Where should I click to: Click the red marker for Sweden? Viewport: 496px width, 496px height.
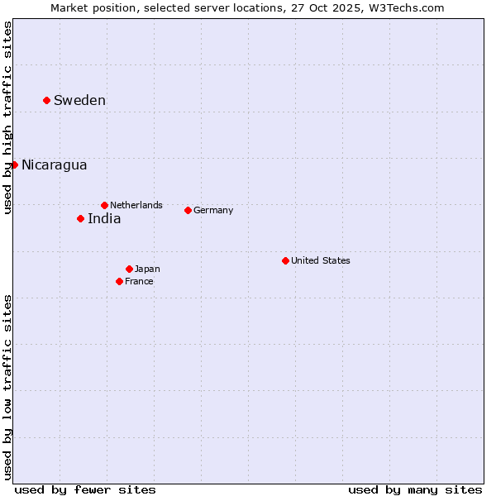coord(46,100)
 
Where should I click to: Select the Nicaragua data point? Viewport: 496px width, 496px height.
coord(14,165)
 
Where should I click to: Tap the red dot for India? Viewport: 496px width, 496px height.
coord(80,218)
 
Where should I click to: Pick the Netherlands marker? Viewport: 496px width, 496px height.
coord(104,205)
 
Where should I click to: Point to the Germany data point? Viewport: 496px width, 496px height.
coord(188,210)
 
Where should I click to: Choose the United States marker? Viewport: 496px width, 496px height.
coord(285,260)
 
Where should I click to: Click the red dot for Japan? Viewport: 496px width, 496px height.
coord(129,269)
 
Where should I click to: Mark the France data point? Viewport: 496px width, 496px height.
coord(119,281)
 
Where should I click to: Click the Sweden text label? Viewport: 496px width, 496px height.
coord(79,101)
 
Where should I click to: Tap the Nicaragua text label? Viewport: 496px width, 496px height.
coord(54,165)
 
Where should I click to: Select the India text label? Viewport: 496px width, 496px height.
coord(104,219)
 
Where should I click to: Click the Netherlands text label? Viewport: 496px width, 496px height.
coord(136,205)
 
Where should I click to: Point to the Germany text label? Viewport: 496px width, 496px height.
coord(213,210)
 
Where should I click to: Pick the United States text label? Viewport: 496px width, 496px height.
coord(321,260)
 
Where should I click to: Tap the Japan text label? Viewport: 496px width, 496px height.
coord(147,269)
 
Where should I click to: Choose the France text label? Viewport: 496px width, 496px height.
coord(139,281)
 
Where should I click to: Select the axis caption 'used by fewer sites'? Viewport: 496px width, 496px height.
coord(85,489)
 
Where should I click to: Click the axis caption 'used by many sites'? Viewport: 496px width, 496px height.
coord(415,489)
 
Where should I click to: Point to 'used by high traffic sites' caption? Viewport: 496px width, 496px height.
coord(8,117)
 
